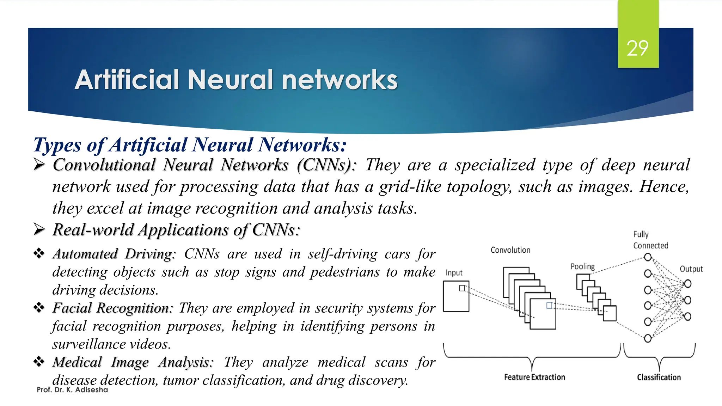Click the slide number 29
637,48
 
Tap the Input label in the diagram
454,273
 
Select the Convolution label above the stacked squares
510,250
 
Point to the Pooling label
582,266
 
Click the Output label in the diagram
691,269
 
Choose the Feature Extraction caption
534,377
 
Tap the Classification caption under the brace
659,377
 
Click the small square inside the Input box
462,288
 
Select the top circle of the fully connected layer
648,257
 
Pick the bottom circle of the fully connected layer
648,338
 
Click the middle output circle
687,300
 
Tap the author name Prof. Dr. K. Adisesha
72,390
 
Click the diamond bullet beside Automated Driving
39,253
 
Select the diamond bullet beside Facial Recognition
39,307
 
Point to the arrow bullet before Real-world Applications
39,229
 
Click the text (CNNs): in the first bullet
326,165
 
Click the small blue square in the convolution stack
549,306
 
